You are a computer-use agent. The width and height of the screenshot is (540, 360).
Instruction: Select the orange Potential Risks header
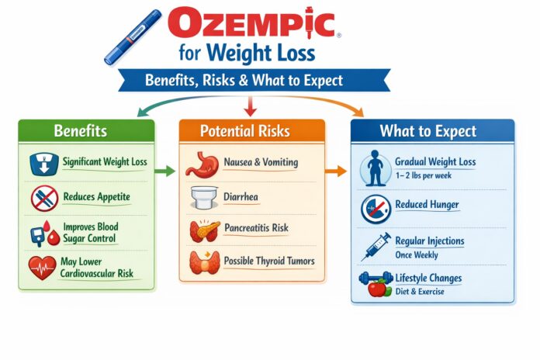(x=250, y=130)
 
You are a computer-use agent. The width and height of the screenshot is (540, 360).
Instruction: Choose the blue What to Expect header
(x=432, y=130)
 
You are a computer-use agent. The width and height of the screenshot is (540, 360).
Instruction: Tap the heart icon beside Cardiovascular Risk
(x=41, y=268)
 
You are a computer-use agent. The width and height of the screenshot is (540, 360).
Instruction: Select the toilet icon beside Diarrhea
(x=203, y=199)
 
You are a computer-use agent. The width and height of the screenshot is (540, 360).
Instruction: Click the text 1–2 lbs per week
(x=424, y=176)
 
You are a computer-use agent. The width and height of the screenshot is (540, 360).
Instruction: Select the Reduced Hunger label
(x=427, y=205)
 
